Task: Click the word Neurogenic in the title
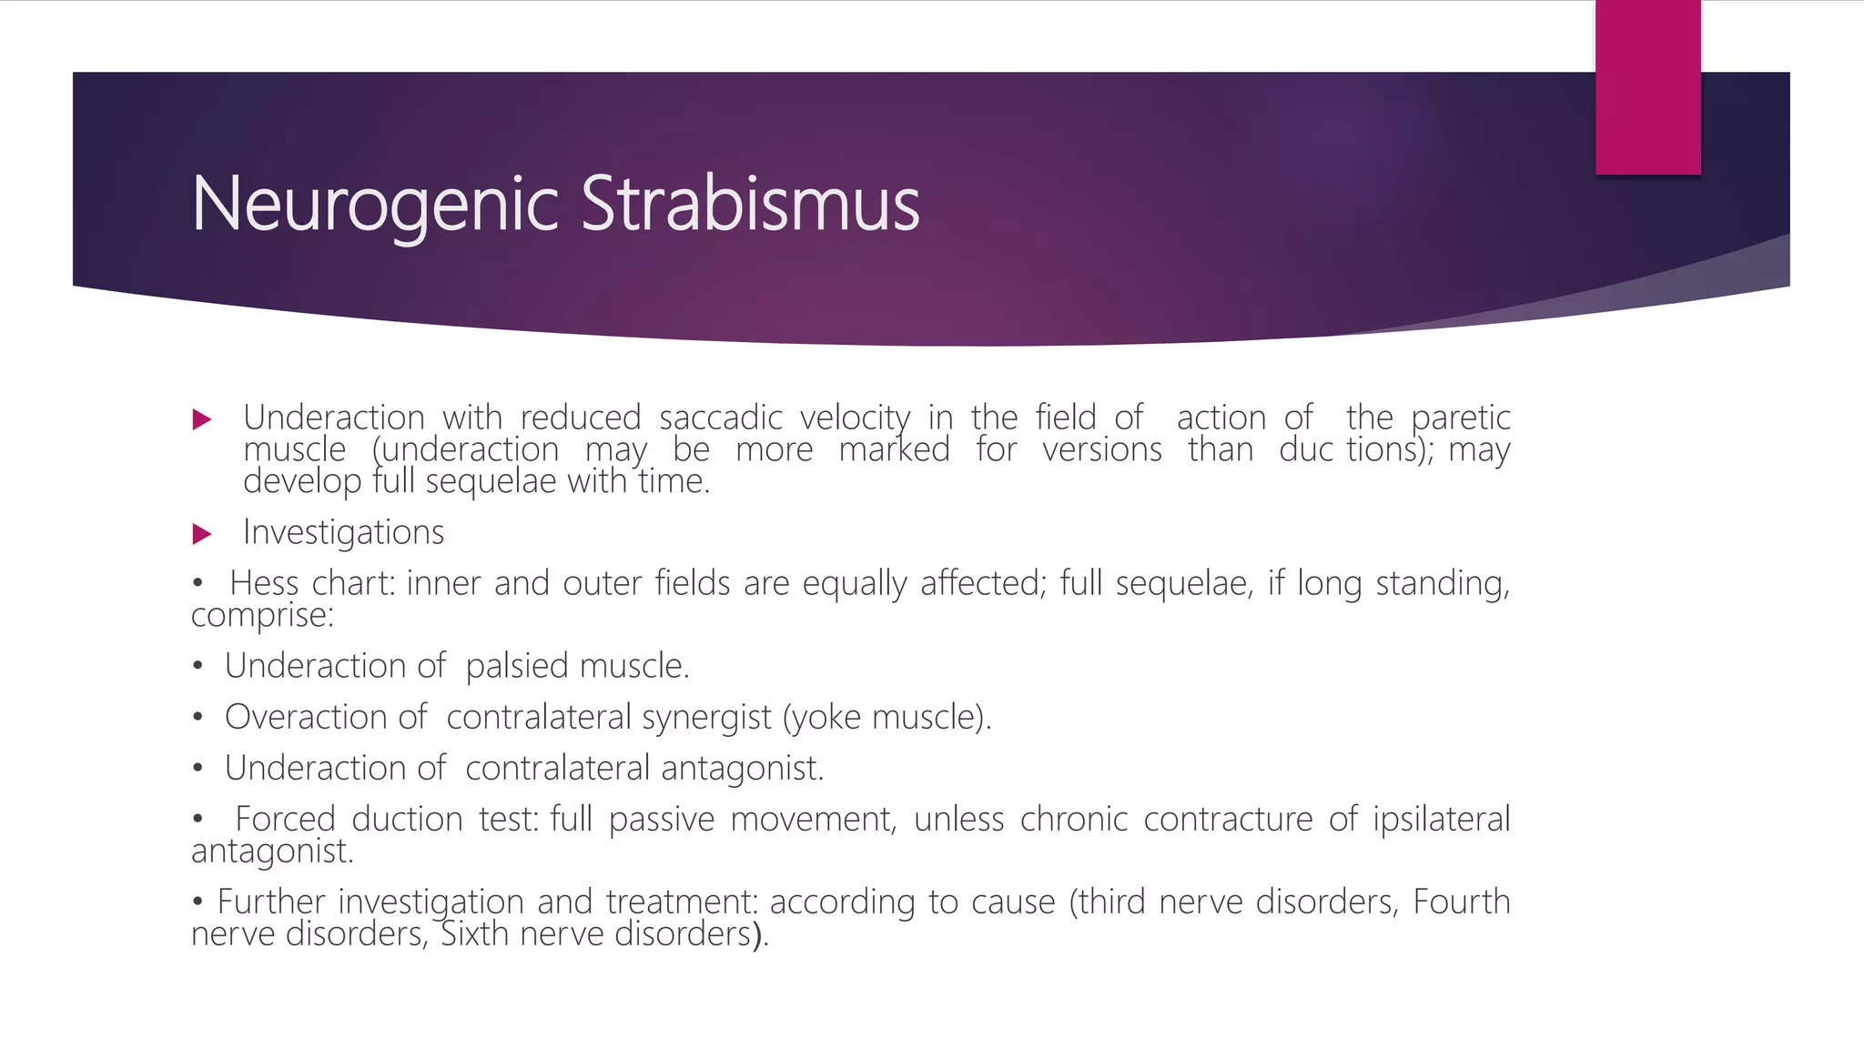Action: [374, 204]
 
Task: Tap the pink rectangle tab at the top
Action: [1647, 87]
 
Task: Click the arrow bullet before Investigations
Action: [202, 533]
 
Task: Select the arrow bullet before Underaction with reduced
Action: [202, 419]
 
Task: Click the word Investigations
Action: [343, 532]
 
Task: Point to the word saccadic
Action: [720, 418]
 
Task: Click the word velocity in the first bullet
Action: [855, 418]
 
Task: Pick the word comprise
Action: [261, 615]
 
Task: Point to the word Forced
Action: [285, 819]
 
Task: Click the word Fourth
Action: [1461, 902]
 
